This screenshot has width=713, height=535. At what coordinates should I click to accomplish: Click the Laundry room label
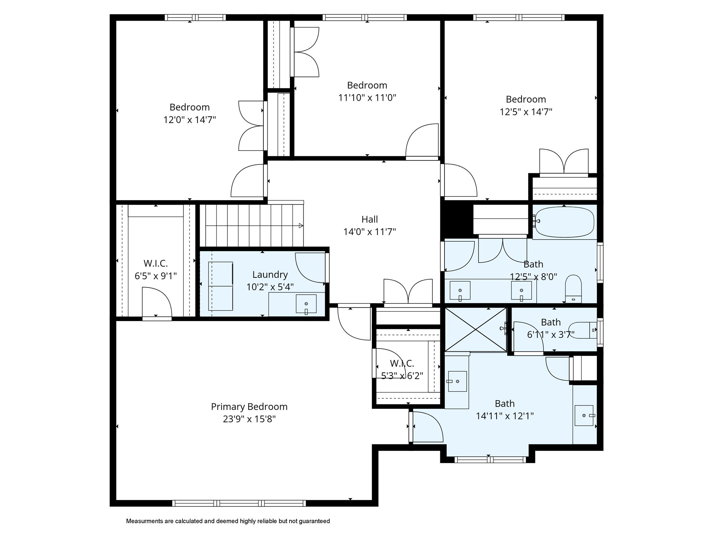coord(270,275)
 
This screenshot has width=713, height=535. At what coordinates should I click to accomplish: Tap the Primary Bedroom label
coord(249,407)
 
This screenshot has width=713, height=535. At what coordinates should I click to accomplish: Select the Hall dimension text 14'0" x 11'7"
coord(370,232)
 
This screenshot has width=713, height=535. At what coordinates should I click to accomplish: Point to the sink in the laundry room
coord(306,304)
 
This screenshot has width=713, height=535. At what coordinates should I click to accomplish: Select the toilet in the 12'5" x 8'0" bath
coord(573,289)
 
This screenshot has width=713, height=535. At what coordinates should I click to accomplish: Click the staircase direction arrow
coord(301,225)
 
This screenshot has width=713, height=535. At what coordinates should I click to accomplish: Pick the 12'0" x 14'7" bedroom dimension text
coord(190,119)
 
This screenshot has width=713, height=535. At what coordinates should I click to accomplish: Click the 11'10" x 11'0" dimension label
coord(367,97)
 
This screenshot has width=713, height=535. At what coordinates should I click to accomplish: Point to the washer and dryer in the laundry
coord(221,286)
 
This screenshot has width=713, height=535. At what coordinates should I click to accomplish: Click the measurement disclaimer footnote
coord(228,521)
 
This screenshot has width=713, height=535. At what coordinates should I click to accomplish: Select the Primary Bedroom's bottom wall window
coord(239,503)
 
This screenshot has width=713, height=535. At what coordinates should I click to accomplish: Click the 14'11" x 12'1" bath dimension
coord(505,416)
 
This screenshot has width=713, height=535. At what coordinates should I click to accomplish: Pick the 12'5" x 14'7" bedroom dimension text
coord(526,112)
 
